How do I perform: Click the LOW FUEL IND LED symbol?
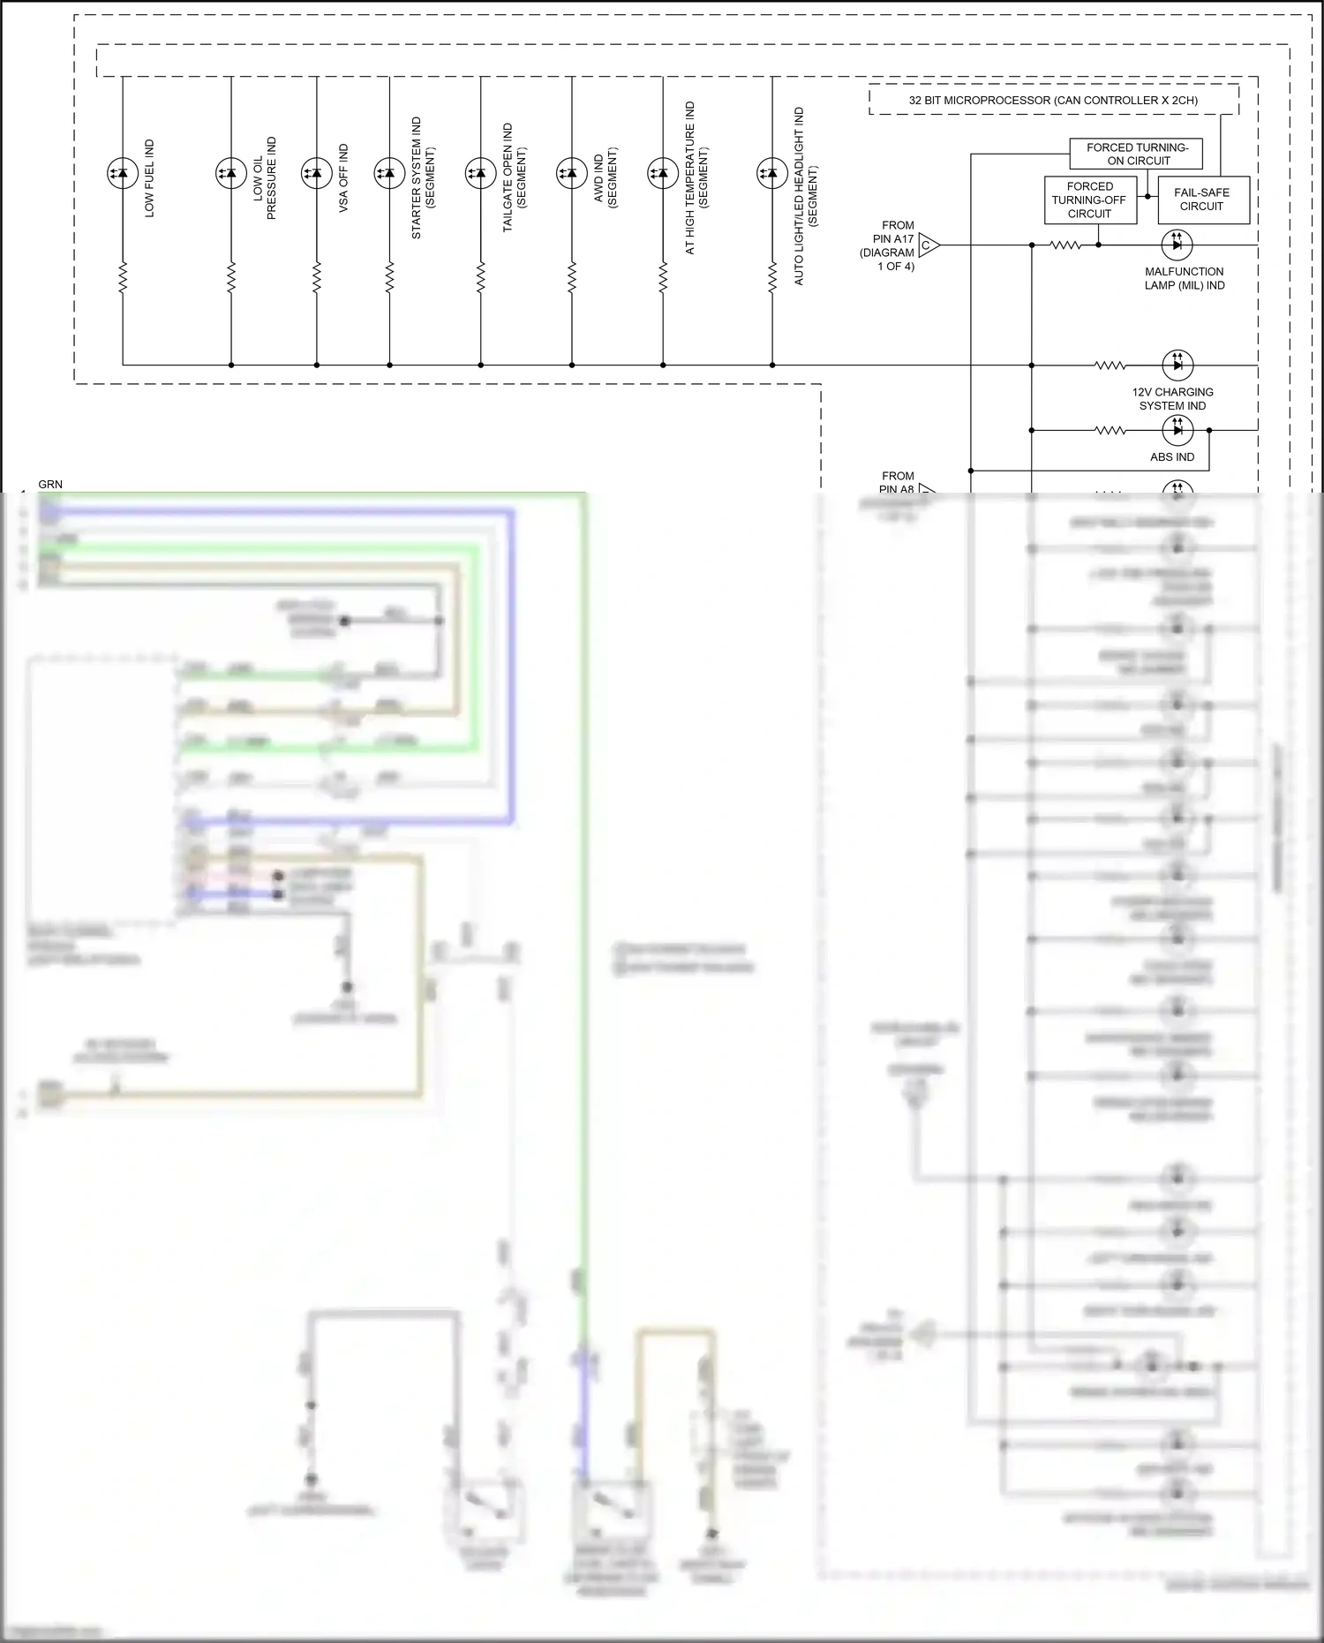point(123,174)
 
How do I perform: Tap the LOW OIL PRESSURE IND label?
point(265,178)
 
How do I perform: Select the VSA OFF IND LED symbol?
point(317,174)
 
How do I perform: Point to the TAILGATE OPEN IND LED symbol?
point(481,174)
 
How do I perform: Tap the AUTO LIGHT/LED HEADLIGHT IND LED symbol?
point(772,174)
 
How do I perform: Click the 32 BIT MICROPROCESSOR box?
point(1053,101)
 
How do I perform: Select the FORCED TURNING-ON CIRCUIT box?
point(1137,155)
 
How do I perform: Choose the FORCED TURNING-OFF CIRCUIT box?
point(1089,200)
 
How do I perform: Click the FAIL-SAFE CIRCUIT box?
point(1201,200)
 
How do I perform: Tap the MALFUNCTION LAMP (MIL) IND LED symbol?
point(1177,245)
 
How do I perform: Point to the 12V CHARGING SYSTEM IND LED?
point(1177,365)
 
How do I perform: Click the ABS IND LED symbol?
point(1177,430)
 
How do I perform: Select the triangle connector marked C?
point(928,245)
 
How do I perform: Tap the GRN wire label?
point(50,484)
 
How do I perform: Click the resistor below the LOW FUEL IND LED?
point(123,277)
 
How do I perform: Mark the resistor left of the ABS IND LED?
point(1110,431)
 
